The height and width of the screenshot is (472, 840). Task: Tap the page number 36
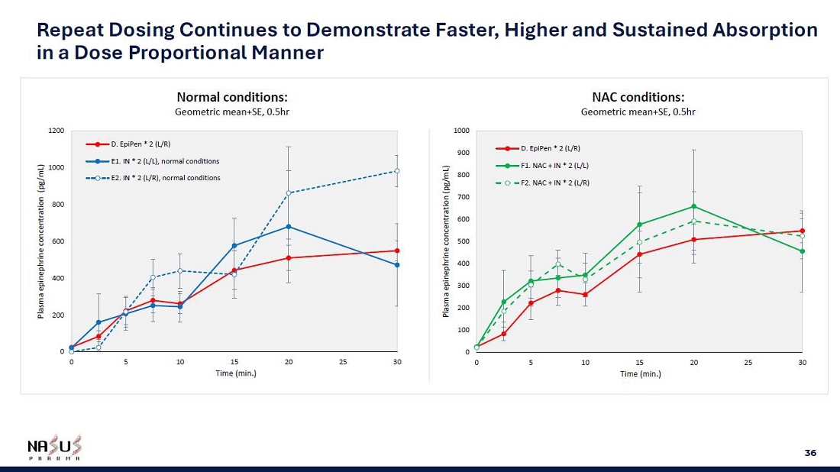point(810,453)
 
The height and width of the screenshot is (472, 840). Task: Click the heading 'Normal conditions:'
point(232,97)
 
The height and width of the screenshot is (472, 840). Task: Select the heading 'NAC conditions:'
point(638,97)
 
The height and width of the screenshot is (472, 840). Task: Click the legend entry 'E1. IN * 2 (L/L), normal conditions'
point(165,161)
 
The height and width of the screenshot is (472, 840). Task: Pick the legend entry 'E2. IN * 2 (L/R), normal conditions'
point(165,178)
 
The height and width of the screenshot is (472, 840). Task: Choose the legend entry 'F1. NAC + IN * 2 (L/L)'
point(554,165)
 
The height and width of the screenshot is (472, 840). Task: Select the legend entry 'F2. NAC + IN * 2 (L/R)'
point(554,183)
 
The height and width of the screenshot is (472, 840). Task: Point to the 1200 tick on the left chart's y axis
point(57,131)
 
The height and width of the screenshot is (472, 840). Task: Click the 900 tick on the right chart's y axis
point(463,153)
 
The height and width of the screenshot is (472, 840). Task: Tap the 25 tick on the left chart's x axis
point(343,362)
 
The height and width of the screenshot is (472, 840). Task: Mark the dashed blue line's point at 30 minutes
point(397,171)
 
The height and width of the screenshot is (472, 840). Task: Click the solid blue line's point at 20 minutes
point(289,227)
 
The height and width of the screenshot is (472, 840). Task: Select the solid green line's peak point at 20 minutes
point(693,206)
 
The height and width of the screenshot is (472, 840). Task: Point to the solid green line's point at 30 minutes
point(802,251)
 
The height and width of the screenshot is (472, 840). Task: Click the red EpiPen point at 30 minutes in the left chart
point(397,251)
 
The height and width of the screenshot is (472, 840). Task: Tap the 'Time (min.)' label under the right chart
point(641,374)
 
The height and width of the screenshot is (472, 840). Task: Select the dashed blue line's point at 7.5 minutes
point(153,277)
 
